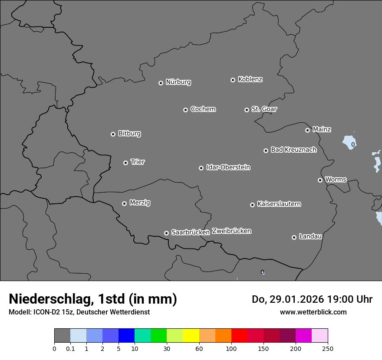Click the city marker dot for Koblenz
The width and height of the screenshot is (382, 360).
click(x=233, y=80)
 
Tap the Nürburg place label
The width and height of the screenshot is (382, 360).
click(x=178, y=82)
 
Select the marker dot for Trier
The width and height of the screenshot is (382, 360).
click(x=125, y=163)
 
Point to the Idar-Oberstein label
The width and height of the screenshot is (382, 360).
click(x=228, y=167)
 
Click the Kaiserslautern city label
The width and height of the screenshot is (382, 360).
click(x=279, y=204)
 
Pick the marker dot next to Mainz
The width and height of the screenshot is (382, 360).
click(x=307, y=130)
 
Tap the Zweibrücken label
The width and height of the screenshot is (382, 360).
click(x=231, y=231)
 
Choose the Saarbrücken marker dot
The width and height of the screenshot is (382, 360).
click(x=166, y=233)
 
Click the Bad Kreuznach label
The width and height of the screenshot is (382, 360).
click(x=293, y=150)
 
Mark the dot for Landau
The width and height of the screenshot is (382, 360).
click(x=294, y=237)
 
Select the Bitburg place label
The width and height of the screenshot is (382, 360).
click(x=129, y=134)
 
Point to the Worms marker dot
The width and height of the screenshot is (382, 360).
click(x=320, y=180)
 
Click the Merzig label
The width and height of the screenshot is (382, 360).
click(x=140, y=203)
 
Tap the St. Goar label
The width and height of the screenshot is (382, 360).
click(x=264, y=109)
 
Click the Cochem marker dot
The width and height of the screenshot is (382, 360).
click(x=185, y=110)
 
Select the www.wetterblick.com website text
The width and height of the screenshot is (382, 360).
click(x=313, y=312)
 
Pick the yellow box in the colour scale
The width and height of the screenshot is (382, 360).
click(x=191, y=336)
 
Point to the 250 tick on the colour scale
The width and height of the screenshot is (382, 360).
click(x=328, y=348)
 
